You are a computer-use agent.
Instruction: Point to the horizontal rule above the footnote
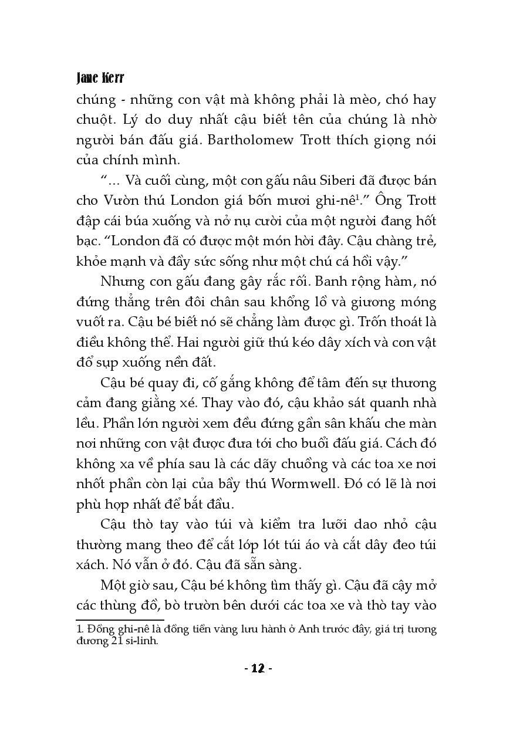pyautogui.click(x=120, y=619)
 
